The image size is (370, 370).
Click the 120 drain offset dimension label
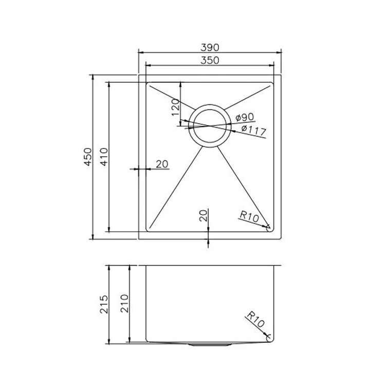coord(175,108)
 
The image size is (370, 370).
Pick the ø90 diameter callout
coord(246,118)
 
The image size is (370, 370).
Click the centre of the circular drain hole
coord(209,125)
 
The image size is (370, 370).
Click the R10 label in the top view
coord(248,216)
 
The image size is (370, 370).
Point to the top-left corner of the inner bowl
coord(148,83)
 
